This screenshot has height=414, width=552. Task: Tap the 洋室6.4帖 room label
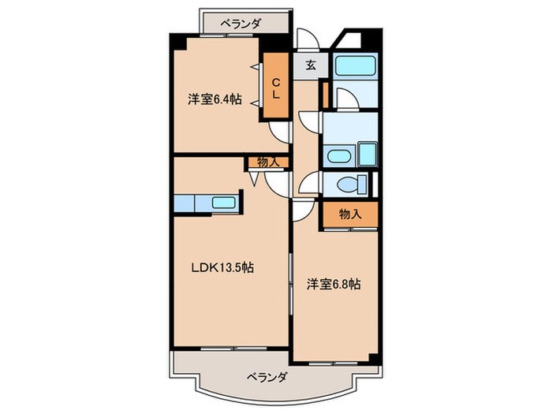[x=214, y=100]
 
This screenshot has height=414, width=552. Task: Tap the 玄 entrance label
[x=311, y=65]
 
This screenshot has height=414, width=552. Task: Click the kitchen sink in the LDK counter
[x=224, y=203]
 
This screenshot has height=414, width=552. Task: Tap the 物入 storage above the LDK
[x=267, y=162]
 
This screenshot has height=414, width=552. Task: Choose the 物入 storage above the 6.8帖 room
[x=349, y=214]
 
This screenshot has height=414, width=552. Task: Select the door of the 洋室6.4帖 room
[x=278, y=132]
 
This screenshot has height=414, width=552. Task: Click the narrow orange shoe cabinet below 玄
[x=323, y=92]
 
